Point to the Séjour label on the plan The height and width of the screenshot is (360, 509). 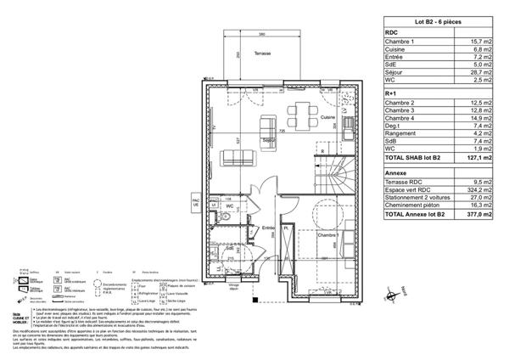(x=270, y=139)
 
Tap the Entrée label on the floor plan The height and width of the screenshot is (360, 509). (x=267, y=228)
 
